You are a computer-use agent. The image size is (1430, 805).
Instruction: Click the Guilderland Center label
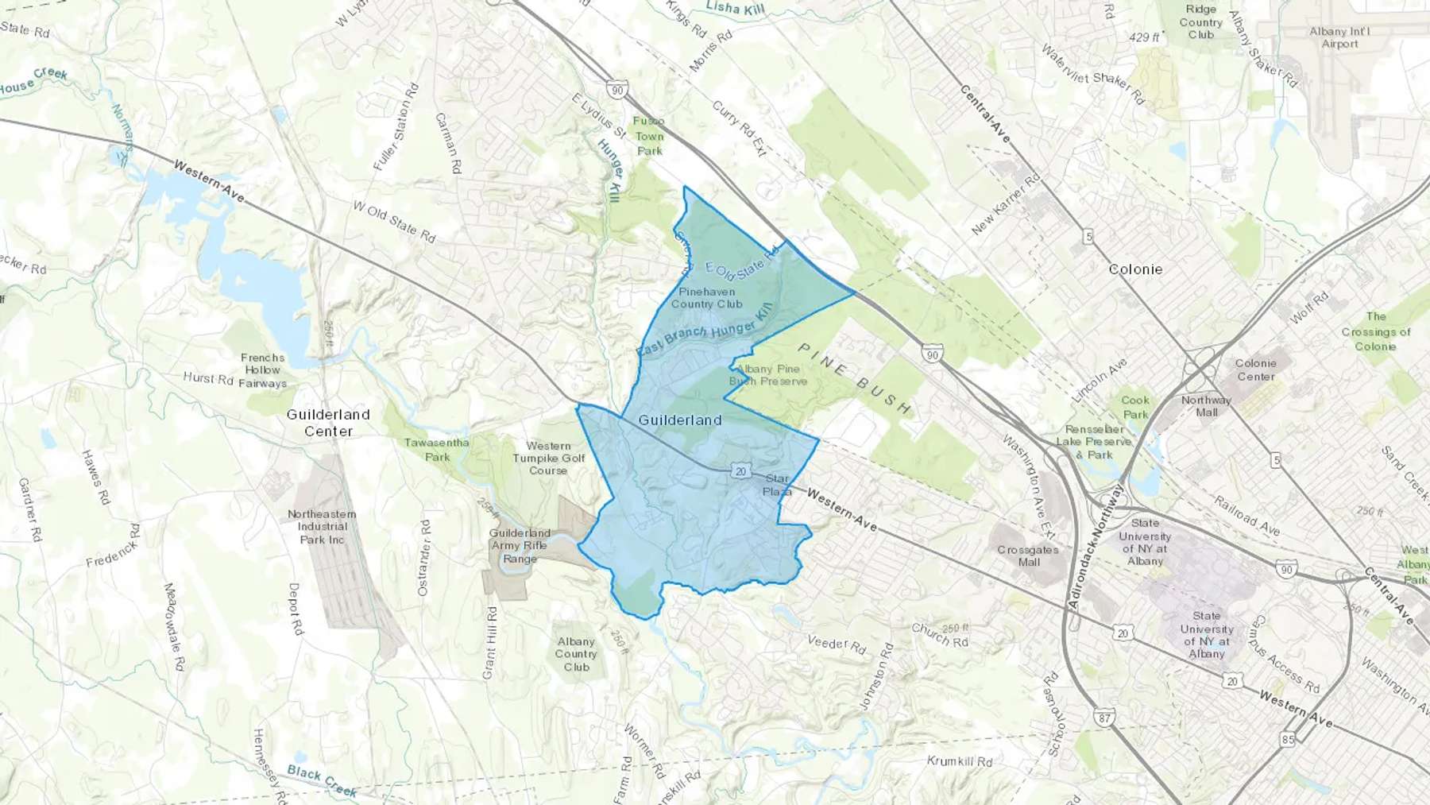328,423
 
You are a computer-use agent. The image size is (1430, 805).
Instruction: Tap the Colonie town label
1135,269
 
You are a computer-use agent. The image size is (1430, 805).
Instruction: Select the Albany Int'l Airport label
1339,37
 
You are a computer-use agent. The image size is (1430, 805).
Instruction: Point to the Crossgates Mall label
1028,555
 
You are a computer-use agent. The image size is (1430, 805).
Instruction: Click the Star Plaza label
777,485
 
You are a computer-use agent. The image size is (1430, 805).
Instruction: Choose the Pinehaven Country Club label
706,298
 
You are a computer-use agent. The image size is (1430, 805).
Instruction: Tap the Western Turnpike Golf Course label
548,458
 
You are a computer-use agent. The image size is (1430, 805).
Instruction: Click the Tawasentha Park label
436,450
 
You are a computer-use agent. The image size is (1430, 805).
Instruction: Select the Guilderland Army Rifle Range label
520,546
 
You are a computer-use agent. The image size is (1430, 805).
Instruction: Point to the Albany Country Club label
576,654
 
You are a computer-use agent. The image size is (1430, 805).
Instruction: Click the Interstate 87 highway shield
1104,718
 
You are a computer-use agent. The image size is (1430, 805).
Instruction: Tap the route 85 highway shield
1288,739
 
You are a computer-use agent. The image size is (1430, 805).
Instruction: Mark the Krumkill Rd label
960,761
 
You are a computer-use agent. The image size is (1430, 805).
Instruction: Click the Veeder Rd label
837,644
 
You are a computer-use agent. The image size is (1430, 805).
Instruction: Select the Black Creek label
322,780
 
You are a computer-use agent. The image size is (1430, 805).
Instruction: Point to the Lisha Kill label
734,8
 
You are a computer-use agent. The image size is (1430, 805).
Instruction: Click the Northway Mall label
1206,406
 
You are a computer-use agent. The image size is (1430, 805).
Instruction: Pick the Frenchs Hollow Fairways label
263,370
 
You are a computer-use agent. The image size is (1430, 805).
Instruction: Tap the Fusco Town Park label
649,136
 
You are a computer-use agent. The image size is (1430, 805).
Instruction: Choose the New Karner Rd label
1006,204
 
